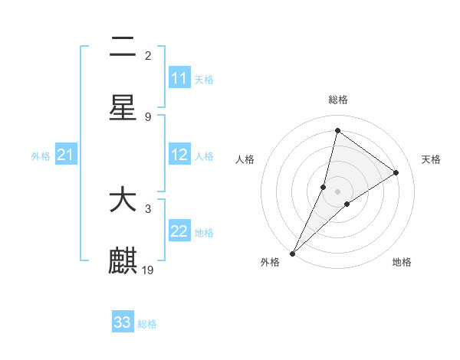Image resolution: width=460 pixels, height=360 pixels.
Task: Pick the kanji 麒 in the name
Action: click(x=123, y=260)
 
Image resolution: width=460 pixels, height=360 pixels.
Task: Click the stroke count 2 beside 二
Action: click(x=148, y=55)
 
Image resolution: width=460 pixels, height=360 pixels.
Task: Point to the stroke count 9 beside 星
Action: click(x=148, y=116)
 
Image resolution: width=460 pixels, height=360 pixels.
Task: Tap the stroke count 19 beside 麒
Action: click(x=149, y=270)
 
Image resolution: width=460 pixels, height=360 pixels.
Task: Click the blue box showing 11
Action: click(x=179, y=78)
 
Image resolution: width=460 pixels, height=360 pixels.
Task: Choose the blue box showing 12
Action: click(x=179, y=155)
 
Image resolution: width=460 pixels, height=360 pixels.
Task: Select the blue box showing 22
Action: click(x=179, y=231)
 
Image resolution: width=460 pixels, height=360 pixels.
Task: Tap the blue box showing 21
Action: click(x=66, y=155)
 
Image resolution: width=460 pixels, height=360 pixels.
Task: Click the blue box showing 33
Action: click(x=123, y=322)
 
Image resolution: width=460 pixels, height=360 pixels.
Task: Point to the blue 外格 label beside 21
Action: click(x=41, y=156)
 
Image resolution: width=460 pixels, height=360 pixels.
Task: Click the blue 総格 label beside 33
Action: click(x=147, y=324)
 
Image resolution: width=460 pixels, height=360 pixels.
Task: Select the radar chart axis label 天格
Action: click(x=431, y=159)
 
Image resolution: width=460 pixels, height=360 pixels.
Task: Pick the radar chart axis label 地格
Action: click(x=402, y=262)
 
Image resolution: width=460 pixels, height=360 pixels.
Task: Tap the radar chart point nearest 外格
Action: click(x=292, y=254)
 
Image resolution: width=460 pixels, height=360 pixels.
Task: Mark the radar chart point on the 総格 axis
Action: click(x=337, y=130)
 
